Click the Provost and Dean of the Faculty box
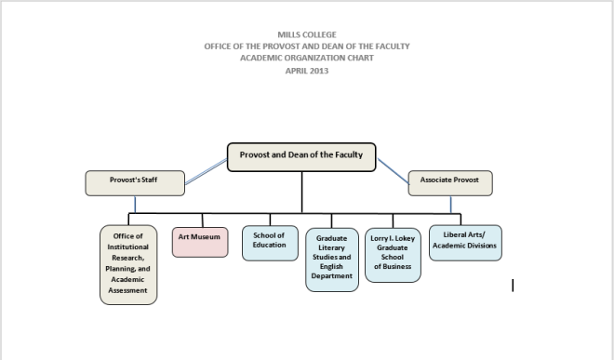tap(301, 156)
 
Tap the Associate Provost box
tap(450, 180)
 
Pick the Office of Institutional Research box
tap(128, 263)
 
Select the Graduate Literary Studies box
tap(332, 258)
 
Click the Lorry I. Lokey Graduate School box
tap(393, 254)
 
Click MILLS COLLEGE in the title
tap(307, 34)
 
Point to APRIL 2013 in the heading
tap(307, 68)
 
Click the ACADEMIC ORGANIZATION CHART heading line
tap(307, 57)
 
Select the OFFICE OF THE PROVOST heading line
tap(307, 46)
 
